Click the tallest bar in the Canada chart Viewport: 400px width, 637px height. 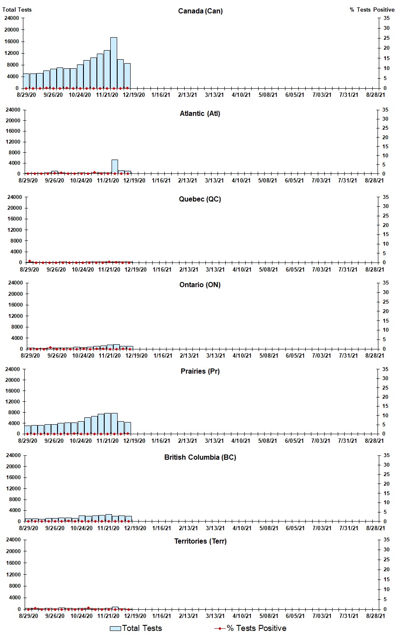(113, 63)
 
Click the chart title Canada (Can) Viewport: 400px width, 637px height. (200, 11)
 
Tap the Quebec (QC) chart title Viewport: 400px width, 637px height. (200, 199)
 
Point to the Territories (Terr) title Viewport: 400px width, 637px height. (200, 541)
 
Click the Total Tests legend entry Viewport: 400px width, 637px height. (136, 628)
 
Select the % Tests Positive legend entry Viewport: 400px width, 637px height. (250, 628)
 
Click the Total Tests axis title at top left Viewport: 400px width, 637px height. (17, 10)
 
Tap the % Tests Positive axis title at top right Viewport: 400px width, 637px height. (372, 10)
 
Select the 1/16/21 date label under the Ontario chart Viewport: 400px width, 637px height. (163, 356)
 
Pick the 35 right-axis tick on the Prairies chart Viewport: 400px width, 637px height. (385, 369)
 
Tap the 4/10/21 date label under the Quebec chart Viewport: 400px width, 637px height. (242, 269)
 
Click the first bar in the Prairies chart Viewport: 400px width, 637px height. (27, 429)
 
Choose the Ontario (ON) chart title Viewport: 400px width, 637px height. (200, 285)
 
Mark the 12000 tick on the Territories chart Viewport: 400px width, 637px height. (13, 574)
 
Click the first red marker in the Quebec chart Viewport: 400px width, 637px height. (29, 261)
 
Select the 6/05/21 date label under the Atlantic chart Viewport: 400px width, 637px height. (294, 181)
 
